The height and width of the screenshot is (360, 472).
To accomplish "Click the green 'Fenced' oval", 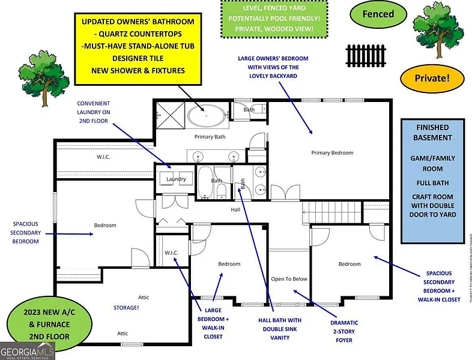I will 378,14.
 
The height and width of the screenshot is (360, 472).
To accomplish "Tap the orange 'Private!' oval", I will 432,77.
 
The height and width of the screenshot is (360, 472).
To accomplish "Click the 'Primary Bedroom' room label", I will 332,152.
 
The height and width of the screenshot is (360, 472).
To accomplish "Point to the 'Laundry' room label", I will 176,179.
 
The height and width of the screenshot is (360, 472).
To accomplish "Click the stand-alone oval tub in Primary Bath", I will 207,115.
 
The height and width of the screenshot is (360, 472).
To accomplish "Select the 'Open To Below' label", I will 289,279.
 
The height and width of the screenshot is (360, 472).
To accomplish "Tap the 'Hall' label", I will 235,210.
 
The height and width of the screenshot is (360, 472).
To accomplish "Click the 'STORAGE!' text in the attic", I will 127,308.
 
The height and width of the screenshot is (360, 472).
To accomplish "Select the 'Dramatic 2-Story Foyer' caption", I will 344,331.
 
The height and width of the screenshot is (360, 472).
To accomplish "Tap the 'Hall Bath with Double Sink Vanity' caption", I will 280,329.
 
